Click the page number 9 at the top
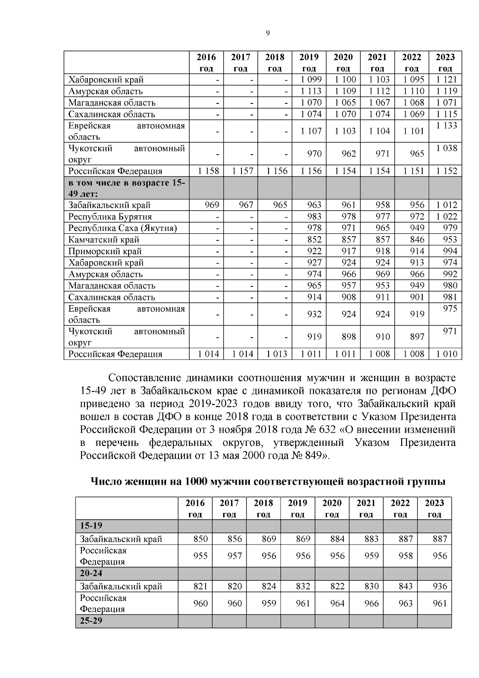pos(268,34)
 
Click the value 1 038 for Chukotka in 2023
pos(446,148)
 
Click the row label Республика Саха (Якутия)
pos(123,228)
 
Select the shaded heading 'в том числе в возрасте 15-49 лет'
pos(126,189)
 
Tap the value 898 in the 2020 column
pos(348,337)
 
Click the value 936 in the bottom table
pos(439,587)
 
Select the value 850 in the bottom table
pos(200,539)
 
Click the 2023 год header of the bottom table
pos(434,508)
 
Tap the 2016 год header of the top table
pos(206,62)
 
